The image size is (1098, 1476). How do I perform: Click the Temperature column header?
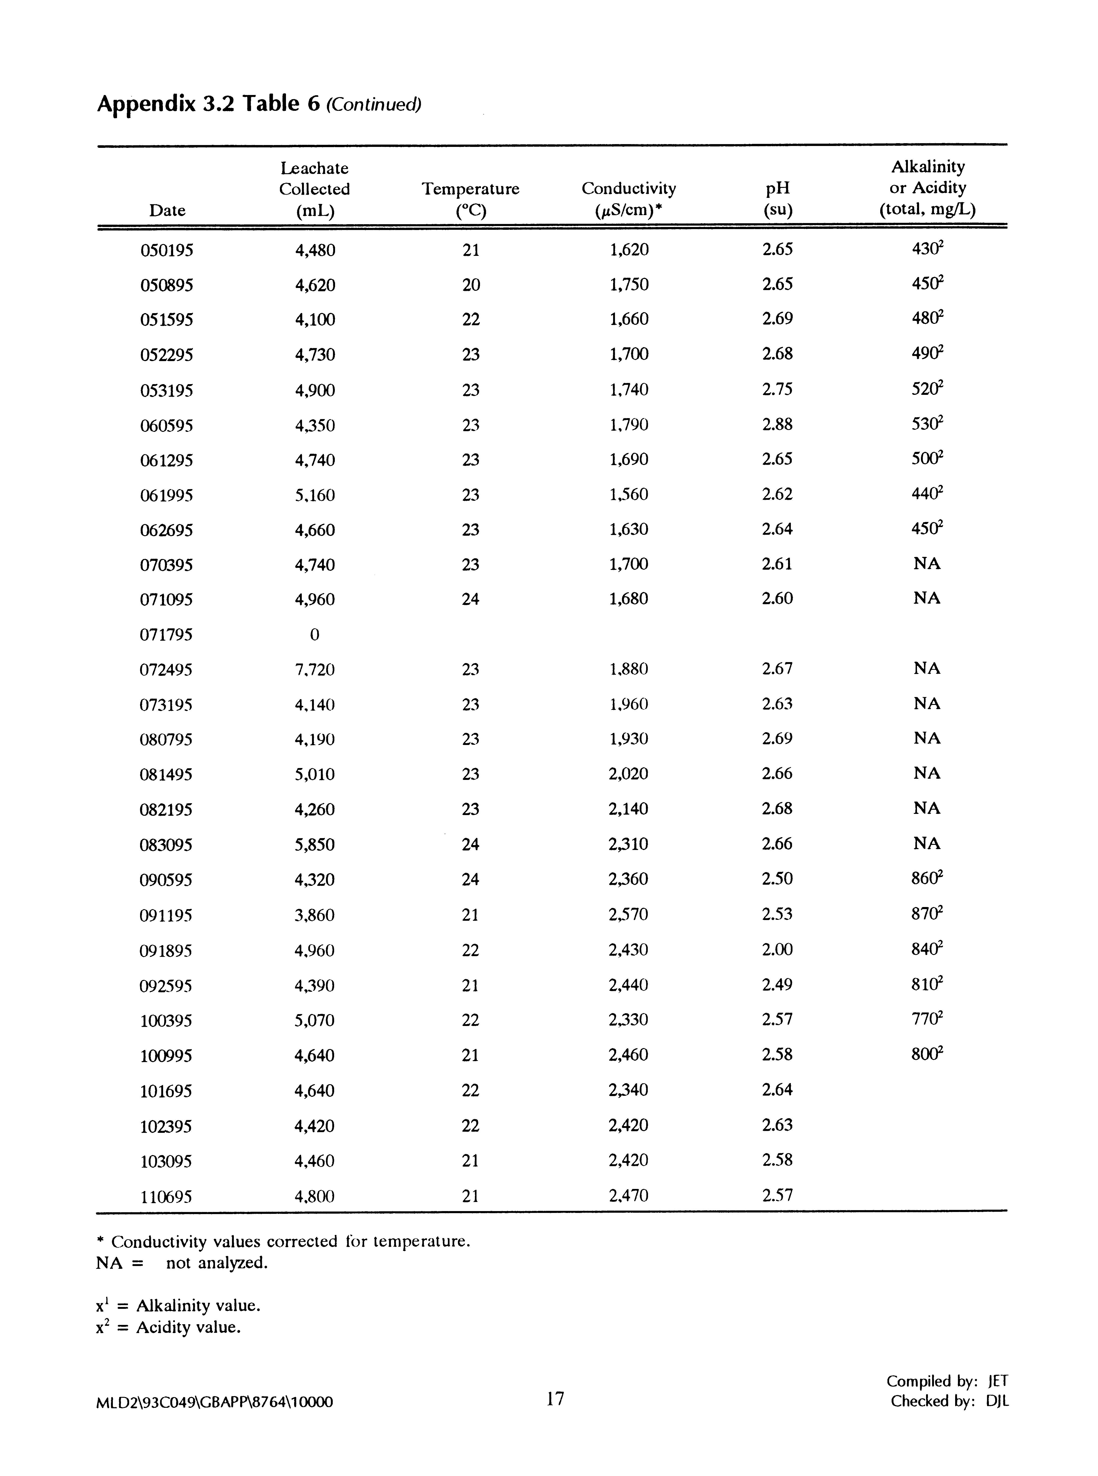[x=470, y=199]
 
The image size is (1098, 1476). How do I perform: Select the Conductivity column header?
[x=629, y=199]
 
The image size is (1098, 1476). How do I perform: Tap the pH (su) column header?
[x=778, y=199]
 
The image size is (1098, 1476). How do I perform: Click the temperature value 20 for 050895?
[x=470, y=284]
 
